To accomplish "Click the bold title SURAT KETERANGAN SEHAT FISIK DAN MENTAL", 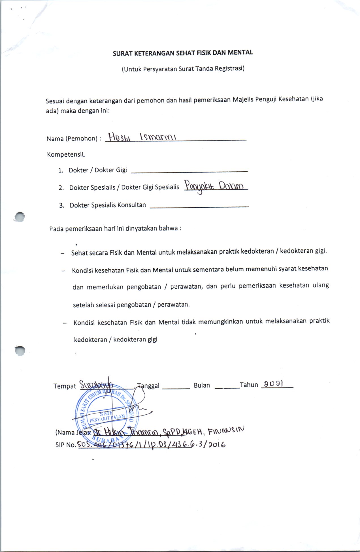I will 183,53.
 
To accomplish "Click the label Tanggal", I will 148,386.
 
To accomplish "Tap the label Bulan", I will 202,385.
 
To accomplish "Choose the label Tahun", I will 249,385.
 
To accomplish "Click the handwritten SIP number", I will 152,444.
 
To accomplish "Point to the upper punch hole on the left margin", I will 20,217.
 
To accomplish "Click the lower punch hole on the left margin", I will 20,350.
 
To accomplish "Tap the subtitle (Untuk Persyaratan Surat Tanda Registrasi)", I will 183,69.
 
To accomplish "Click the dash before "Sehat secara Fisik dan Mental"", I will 62,253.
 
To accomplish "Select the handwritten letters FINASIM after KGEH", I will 226,431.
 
